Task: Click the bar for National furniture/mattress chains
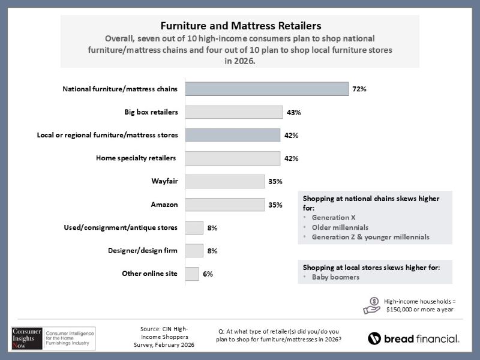click(267, 89)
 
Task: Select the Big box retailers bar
click(234, 112)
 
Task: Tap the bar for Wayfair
click(225, 181)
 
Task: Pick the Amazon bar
click(225, 205)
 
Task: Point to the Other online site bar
click(192, 274)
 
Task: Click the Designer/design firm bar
click(194, 251)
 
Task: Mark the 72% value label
click(359, 89)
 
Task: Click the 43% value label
click(293, 112)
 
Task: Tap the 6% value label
click(208, 274)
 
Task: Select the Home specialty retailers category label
click(136, 158)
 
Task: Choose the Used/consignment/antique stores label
click(121, 228)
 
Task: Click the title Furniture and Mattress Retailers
click(240, 26)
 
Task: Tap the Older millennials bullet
click(340, 227)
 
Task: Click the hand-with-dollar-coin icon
click(371, 305)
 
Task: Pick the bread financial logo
click(413, 338)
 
